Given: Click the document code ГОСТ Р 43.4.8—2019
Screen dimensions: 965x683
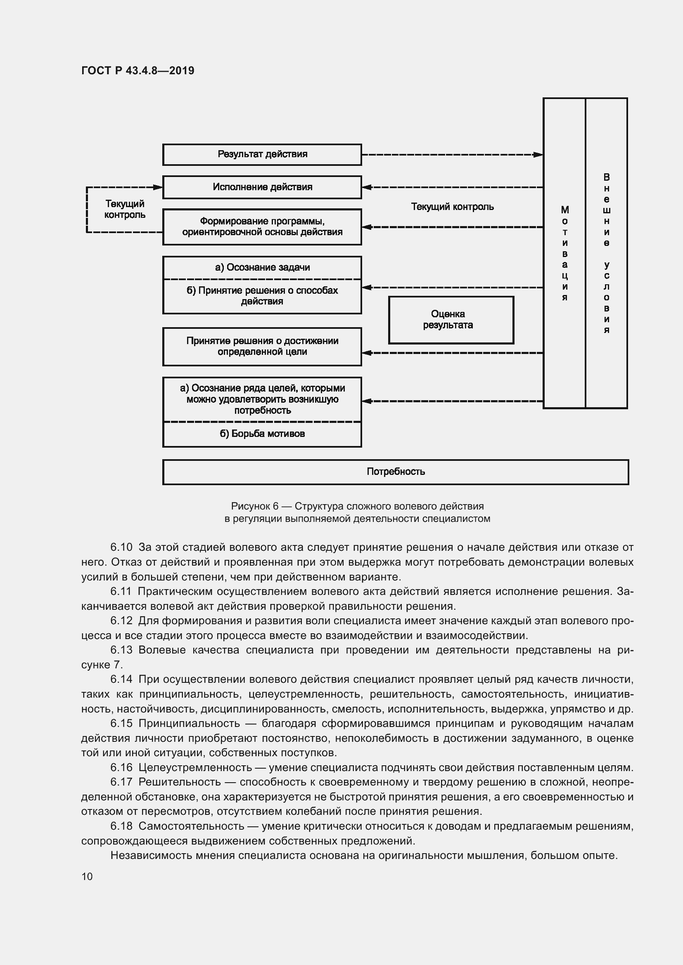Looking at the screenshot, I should click(138, 71).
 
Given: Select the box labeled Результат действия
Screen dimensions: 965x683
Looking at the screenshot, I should click(262, 154).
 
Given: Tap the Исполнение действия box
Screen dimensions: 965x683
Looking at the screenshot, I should click(262, 187).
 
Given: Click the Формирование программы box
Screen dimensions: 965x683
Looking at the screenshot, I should click(262, 227).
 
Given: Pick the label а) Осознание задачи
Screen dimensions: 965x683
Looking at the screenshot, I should click(262, 267).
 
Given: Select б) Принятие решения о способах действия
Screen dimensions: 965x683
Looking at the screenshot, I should click(262, 296).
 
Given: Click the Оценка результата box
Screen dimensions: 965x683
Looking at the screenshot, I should click(451, 320).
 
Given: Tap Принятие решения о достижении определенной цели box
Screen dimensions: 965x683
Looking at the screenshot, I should click(262, 346).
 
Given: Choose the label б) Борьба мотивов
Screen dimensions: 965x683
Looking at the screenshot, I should click(262, 434).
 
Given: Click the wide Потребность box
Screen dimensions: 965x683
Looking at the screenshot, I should click(395, 472).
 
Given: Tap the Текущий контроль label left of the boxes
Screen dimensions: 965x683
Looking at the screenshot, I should click(125, 209).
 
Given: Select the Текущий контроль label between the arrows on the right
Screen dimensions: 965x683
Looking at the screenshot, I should click(452, 207).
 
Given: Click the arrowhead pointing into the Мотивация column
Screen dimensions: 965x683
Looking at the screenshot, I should click(538, 155).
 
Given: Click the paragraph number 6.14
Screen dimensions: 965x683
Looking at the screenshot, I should click(121, 680).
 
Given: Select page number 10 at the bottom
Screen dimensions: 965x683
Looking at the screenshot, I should click(87, 876).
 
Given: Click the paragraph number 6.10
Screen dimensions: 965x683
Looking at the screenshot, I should click(121, 547).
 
